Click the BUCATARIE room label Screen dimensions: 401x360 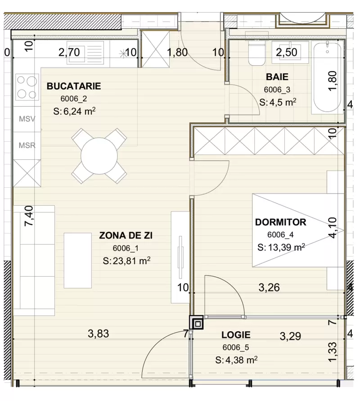click(73, 86)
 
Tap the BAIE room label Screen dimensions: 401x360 click(276, 77)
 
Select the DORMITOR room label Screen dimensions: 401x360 click(280, 222)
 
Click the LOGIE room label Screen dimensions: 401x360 click(236, 335)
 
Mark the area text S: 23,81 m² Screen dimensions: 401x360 click(126, 261)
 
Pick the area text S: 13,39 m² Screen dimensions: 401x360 click(282, 247)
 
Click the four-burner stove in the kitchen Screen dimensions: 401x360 click(27, 87)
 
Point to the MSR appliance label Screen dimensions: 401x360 click(27, 145)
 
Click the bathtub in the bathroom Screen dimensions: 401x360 click(327, 77)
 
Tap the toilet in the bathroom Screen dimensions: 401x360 click(257, 54)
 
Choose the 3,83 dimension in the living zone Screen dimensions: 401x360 click(99, 334)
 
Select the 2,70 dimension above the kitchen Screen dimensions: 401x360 click(69, 52)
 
